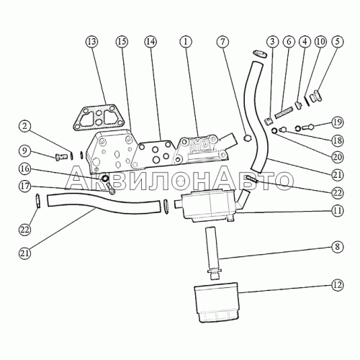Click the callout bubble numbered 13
92,42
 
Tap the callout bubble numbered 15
122,42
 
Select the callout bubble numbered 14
150,42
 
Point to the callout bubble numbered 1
186,42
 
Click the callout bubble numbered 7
222,42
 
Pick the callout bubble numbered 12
337,285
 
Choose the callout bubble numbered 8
337,247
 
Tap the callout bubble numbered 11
337,211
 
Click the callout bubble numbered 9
25,150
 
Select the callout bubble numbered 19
337,122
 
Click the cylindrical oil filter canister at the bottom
216,302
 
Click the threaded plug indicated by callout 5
316,96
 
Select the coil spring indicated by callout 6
284,113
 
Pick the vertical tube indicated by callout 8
213,253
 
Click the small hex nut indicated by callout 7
246,138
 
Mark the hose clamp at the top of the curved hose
260,53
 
